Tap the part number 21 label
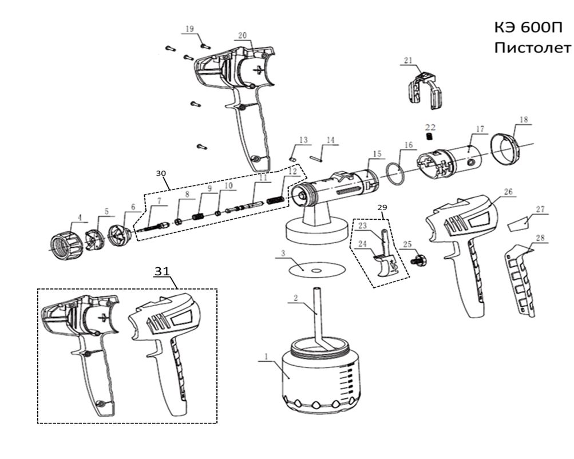[423, 60]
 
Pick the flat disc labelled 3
[313, 269]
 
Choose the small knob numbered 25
[421, 260]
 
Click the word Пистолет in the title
[532, 46]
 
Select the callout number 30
[162, 171]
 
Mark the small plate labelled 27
[518, 223]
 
